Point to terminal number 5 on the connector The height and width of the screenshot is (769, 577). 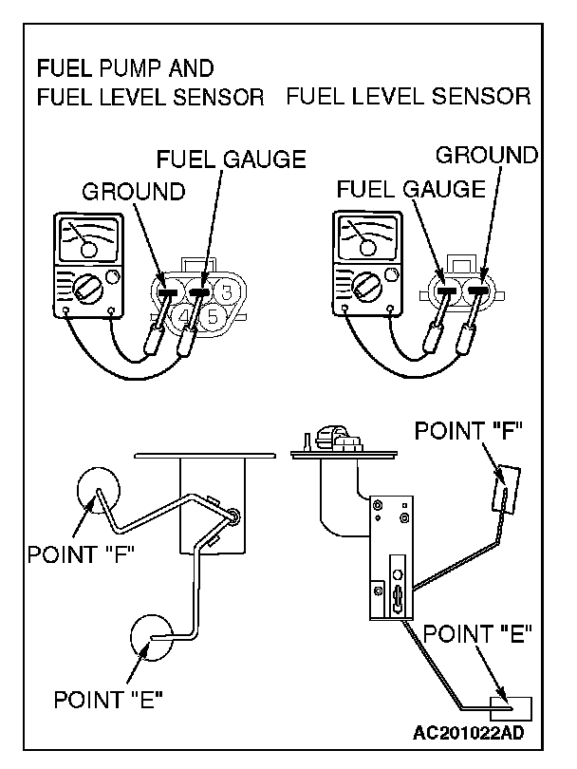point(213,317)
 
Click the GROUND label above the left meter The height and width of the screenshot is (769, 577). point(133,192)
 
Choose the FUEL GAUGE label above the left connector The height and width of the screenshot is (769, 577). point(231,159)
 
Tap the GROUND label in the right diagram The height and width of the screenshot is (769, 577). point(486,154)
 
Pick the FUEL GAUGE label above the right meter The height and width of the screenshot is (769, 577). point(409,189)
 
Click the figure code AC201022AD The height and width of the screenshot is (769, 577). point(469,733)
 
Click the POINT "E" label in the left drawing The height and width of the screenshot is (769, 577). point(107,701)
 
